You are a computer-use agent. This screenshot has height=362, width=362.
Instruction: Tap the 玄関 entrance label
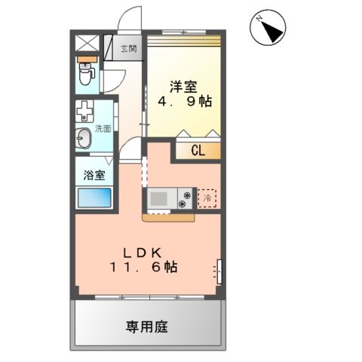pyautogui.click(x=128, y=49)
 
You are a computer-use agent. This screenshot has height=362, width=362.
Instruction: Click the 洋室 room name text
pyautogui.click(x=183, y=86)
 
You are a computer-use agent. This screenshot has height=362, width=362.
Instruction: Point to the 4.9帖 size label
pyautogui.click(x=183, y=103)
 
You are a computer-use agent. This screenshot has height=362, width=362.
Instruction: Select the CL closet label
pyautogui.click(x=198, y=149)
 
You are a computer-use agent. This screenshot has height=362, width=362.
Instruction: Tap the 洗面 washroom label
pyautogui.click(x=103, y=128)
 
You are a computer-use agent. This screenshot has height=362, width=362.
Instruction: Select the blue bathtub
pyautogui.click(x=94, y=199)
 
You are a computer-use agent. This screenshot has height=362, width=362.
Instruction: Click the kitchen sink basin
pyautogui.click(x=161, y=199)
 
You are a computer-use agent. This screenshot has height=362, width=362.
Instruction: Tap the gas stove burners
pyautogui.click(x=185, y=199)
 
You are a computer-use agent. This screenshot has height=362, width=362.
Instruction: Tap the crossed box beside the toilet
pyautogui.click(x=86, y=43)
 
